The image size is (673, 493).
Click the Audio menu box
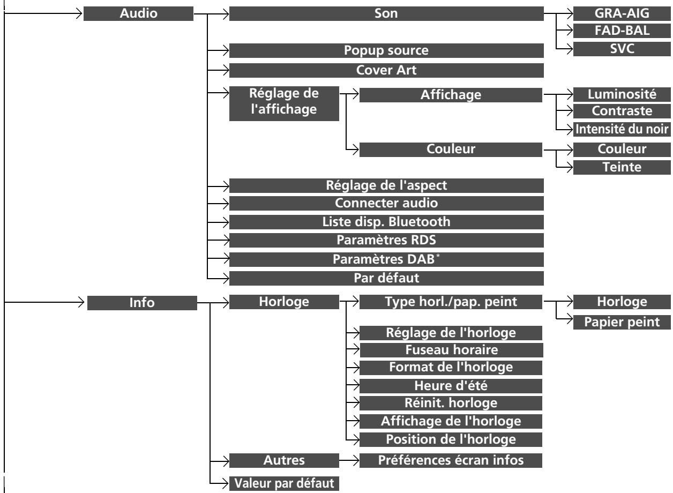138,13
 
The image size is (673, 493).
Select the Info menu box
142,303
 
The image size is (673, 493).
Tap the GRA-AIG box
622,13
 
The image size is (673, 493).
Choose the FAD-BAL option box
622,31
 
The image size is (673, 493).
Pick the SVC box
622,49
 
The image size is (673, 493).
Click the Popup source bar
386,50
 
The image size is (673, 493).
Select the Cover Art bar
386,70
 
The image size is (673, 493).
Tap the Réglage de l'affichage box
284,103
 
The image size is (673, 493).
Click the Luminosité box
622,95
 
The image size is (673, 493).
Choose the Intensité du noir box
622,130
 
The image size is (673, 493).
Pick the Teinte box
622,167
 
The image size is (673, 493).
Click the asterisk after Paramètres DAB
438,256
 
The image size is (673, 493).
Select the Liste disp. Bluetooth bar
386,222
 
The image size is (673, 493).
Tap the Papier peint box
622,322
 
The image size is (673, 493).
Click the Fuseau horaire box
451,350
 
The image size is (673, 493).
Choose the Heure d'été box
451,386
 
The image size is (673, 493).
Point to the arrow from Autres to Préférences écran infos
349,460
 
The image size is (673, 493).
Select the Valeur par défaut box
284,483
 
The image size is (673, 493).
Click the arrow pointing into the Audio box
43,13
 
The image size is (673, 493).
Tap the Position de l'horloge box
451,439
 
